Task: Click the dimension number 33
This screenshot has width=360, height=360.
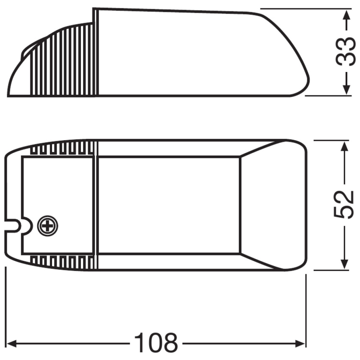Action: point(346,51)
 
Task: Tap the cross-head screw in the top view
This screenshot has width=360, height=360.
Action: point(47,226)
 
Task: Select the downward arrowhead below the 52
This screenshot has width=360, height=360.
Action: point(344,263)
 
